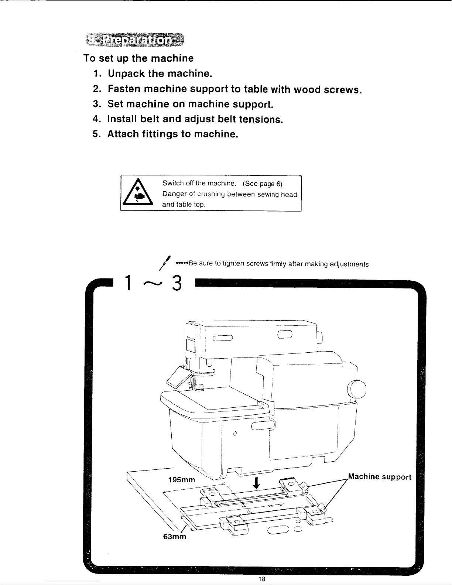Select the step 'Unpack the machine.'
[x=160, y=73]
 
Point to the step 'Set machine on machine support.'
[x=190, y=104]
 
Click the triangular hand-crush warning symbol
[x=138, y=194]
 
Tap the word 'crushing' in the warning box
[x=210, y=194]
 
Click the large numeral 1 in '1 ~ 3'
[x=127, y=284]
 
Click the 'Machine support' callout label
[x=379, y=477]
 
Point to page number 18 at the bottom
[x=261, y=579]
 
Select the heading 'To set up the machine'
[x=138, y=58]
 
